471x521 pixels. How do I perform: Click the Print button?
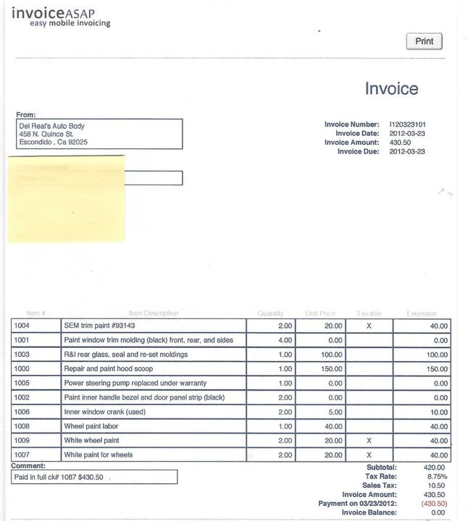[424, 41]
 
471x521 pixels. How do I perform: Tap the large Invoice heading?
[391, 88]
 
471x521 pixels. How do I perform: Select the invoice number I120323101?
[412, 124]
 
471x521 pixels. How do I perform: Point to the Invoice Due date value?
[407, 151]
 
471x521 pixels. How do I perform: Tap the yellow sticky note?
[67, 198]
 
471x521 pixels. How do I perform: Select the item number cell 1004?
[22, 326]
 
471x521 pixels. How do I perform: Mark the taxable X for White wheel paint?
[369, 441]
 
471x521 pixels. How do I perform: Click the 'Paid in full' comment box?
[94, 478]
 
